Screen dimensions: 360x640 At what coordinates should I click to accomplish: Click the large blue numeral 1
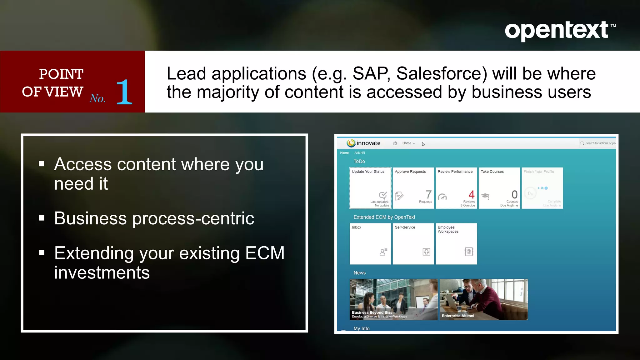[x=124, y=92]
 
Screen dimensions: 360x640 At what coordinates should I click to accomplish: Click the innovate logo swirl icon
[x=351, y=143]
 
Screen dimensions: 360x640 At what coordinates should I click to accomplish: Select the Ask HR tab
[x=359, y=153]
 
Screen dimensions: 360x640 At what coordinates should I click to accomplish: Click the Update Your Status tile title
[x=368, y=172]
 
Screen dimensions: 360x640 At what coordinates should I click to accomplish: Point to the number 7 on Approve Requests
[x=428, y=194]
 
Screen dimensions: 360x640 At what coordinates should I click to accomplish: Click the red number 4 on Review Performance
[x=472, y=194]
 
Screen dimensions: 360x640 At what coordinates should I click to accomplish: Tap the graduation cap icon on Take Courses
[x=485, y=196]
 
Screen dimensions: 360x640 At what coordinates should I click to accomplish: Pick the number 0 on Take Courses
[x=514, y=194]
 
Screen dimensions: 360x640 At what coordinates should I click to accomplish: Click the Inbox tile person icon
[x=383, y=252]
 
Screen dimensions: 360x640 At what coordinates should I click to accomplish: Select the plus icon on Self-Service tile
[x=426, y=252]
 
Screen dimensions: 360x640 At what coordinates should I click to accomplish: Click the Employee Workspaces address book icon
[x=469, y=252]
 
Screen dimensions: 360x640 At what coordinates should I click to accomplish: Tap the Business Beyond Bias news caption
[x=372, y=312]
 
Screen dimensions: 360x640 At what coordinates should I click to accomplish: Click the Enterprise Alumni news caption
[x=458, y=316]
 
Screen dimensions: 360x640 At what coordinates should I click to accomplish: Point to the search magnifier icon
[x=582, y=143]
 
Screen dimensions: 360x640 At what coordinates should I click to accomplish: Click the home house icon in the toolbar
[x=395, y=143]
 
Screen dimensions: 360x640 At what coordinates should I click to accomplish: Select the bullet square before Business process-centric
[x=42, y=218]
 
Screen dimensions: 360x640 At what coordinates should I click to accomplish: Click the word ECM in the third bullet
[x=265, y=253]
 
